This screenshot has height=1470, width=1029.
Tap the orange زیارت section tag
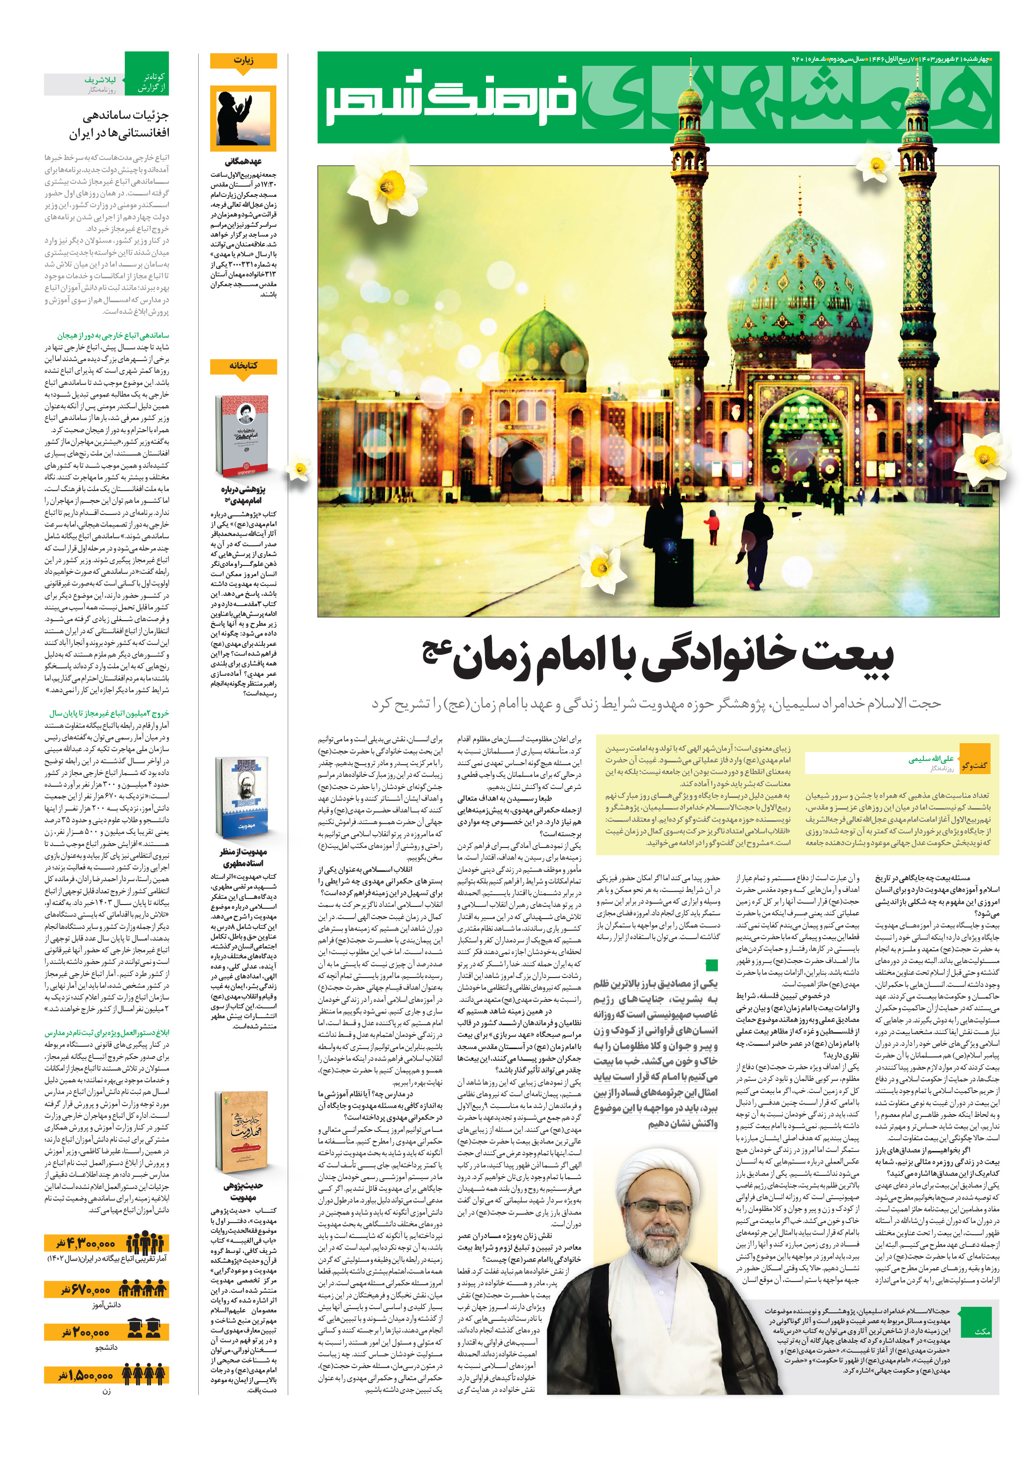tap(243, 61)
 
